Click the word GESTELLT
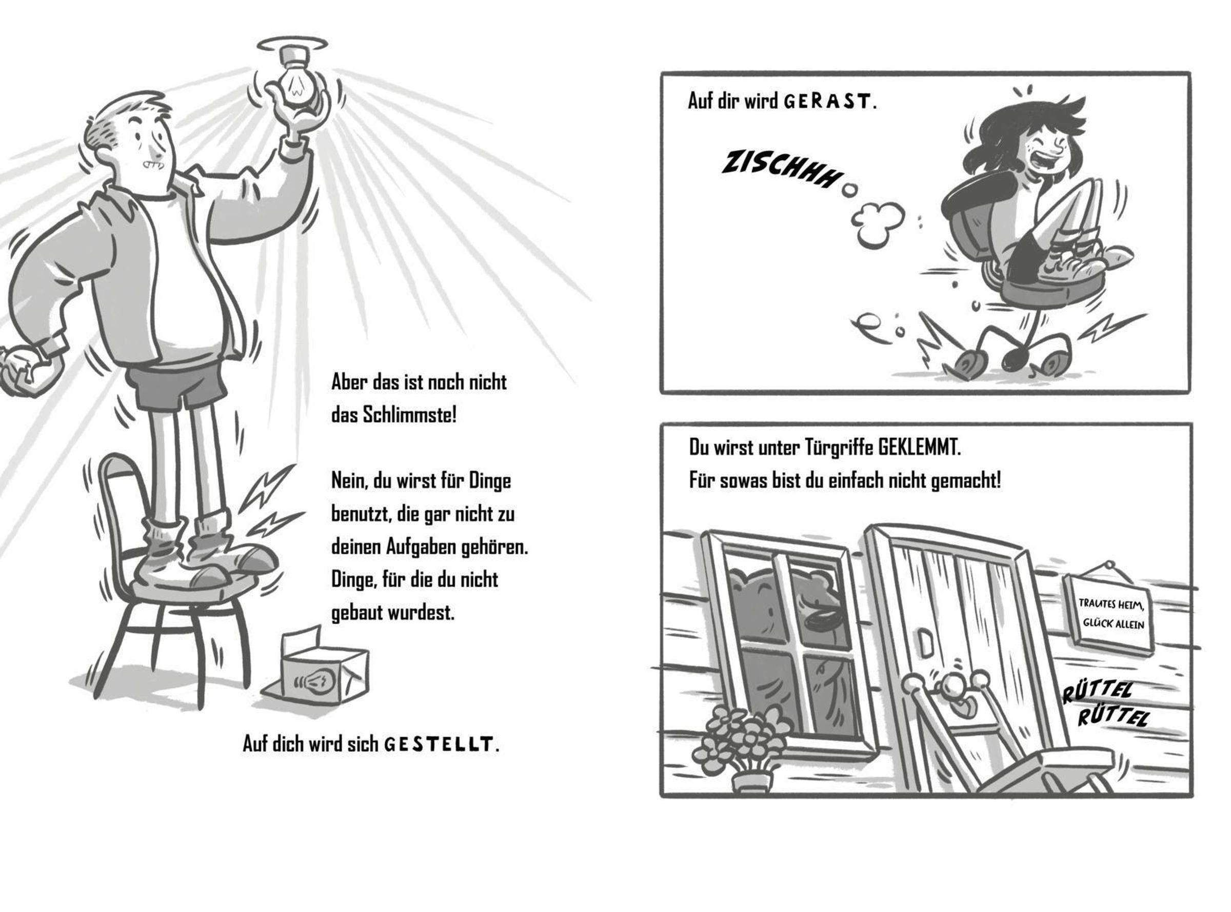(438, 745)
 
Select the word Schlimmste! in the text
(410, 415)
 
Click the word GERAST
(827, 102)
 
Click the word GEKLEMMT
(919, 448)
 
